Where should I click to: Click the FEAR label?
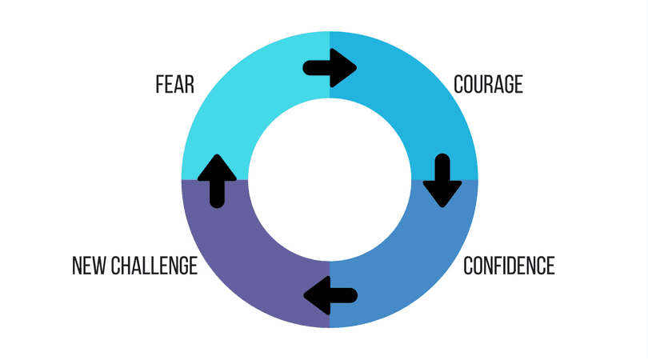174,84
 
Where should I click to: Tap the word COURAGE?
488,84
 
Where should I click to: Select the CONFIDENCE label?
510,265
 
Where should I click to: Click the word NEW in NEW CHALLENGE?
88,266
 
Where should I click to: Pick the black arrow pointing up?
217,180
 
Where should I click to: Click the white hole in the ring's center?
330,180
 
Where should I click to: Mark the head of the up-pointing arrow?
217,165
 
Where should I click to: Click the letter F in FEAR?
159,84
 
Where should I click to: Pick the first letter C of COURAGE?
458,84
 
